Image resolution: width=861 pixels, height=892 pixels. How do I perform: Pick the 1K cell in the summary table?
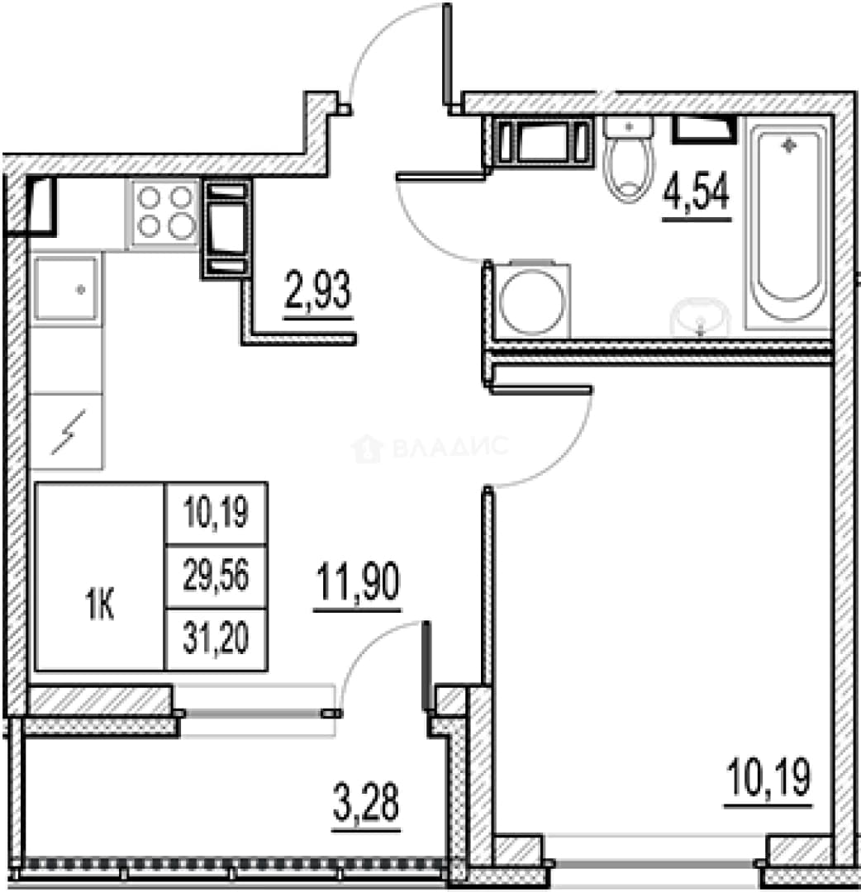click(100, 605)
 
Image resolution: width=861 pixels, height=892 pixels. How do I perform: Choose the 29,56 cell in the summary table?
click(216, 576)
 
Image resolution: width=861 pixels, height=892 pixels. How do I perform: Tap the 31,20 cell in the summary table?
click(216, 638)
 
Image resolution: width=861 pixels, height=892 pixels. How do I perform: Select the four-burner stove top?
click(165, 213)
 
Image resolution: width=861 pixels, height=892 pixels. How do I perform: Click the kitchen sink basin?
click(66, 288)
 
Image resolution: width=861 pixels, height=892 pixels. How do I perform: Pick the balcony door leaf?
click(426, 666)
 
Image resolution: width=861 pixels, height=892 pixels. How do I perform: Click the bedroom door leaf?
click(540, 390)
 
